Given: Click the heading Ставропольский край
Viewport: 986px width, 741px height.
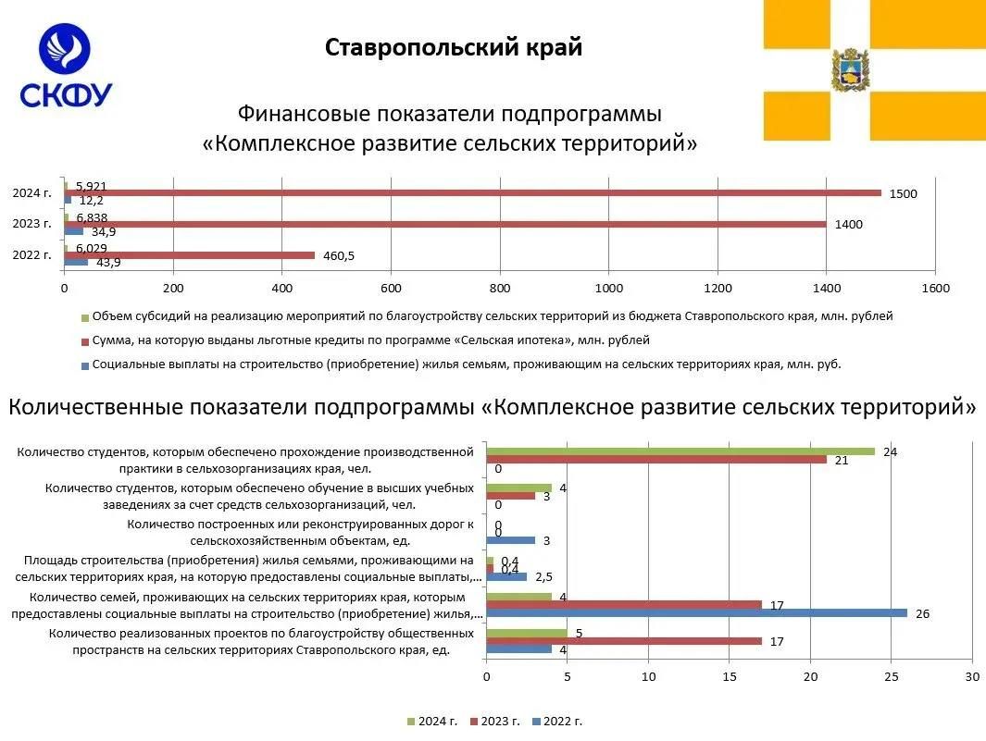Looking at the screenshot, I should point(454,47).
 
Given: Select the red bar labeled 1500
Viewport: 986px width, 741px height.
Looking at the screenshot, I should point(472,192).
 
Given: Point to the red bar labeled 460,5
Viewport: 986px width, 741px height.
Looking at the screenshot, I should point(190,255).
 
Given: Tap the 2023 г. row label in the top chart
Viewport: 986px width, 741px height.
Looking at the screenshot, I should point(32,224).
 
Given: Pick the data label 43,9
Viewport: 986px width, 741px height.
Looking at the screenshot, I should point(106,263).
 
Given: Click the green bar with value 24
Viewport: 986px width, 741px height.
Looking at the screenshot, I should point(680,451).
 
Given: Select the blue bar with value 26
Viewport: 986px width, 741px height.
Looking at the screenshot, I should point(696,613).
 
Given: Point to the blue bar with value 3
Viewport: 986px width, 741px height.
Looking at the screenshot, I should point(510,540).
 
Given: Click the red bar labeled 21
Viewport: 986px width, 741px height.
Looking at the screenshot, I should point(655,460).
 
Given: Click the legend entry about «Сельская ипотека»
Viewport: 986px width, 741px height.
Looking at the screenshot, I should point(370,340).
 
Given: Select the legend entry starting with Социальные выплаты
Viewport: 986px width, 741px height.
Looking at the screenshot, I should point(463,364).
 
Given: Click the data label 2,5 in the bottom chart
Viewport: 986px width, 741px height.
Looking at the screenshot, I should point(544,576).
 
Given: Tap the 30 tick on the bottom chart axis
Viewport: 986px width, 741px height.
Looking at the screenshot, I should point(971,676).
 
